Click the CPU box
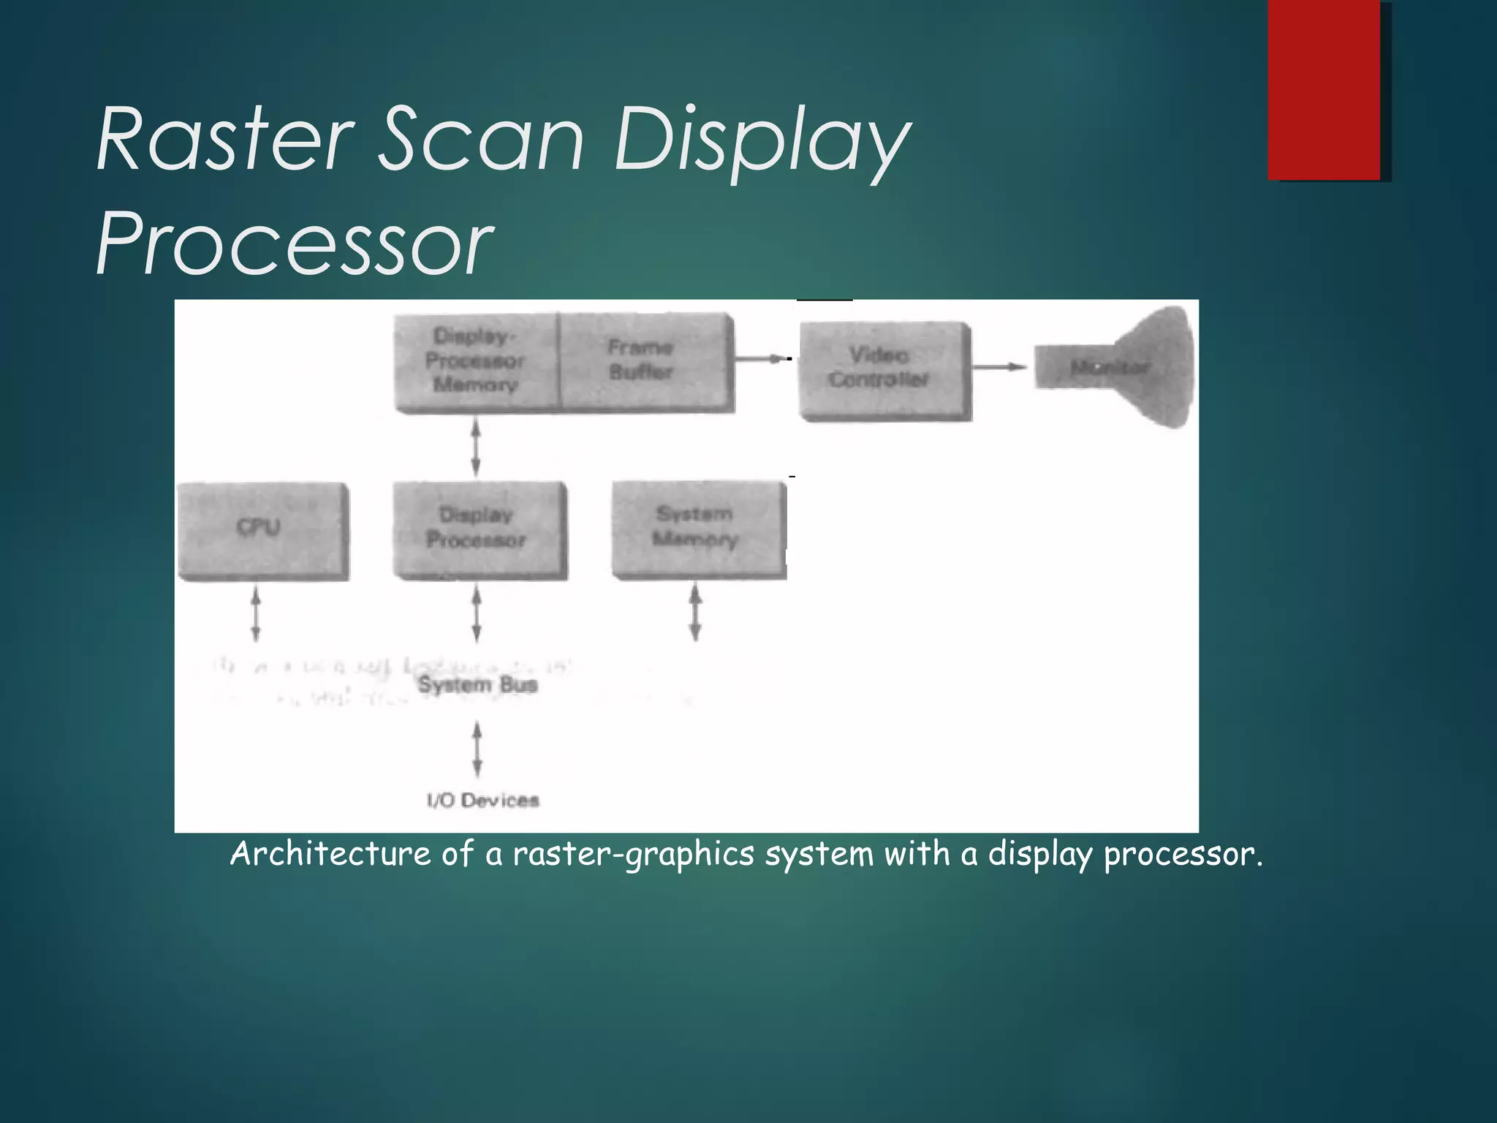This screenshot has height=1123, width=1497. pos(262,530)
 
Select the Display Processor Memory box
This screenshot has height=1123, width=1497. pos(476,361)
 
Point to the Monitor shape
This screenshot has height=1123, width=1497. pos(1126,367)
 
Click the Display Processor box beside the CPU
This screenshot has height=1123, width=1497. pos(479,529)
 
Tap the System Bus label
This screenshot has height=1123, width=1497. pos(477,685)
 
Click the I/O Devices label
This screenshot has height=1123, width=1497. pos(482,800)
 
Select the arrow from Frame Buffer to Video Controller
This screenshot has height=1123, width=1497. pos(760,358)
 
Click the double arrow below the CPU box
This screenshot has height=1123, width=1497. pos(256,614)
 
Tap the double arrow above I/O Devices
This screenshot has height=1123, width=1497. pos(477,749)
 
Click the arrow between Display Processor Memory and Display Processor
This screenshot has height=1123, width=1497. pos(476,446)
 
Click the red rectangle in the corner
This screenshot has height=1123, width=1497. pos(1324,89)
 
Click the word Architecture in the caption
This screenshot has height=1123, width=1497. pos(330,854)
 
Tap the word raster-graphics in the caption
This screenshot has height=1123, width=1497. pos(633,854)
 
